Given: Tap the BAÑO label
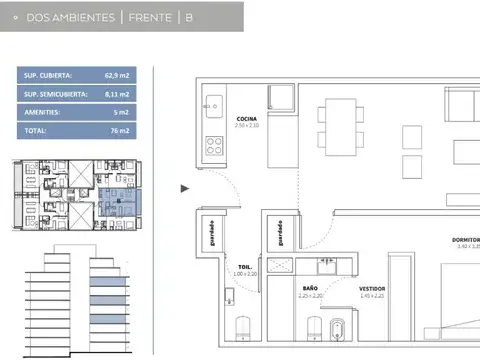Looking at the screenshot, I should (x=310, y=288).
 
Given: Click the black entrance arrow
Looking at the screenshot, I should (x=184, y=187).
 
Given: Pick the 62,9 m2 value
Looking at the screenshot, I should (x=119, y=75).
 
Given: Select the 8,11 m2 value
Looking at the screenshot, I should (x=119, y=94).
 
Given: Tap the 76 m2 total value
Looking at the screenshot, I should (x=121, y=131).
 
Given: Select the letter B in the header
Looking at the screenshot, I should (x=189, y=17).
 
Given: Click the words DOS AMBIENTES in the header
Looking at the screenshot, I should (x=71, y=17).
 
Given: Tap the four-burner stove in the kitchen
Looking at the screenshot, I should (x=214, y=144).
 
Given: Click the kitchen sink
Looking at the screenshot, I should (x=213, y=103).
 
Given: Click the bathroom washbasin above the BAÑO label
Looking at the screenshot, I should (x=325, y=266).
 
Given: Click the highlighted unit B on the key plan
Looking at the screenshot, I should (x=117, y=200).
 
